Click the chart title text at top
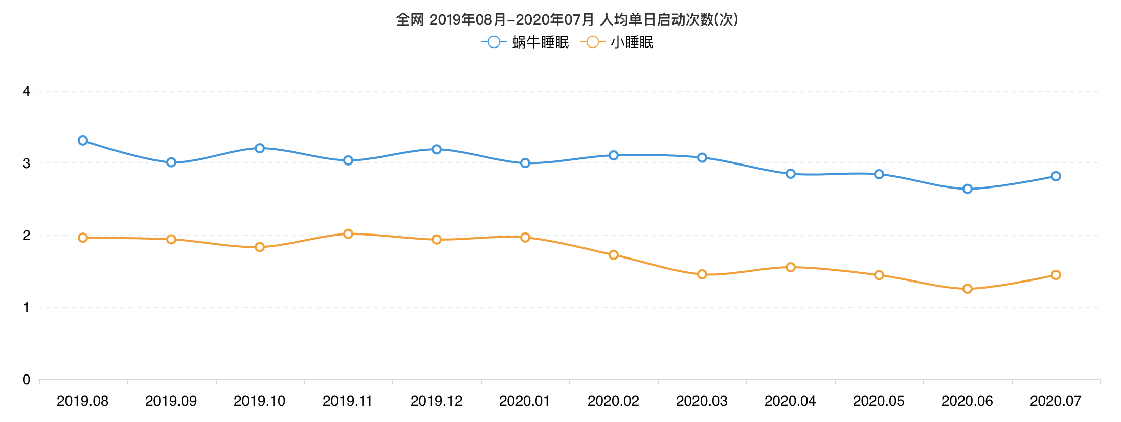567,19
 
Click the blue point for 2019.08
83,140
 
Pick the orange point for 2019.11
348,233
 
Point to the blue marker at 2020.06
967,189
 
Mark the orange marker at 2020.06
967,289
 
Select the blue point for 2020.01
525,163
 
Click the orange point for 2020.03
702,274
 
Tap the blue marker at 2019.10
260,148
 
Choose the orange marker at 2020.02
614,255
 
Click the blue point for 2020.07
1056,176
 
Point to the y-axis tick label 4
27,91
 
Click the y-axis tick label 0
27,380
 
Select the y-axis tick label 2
27,236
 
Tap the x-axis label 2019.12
436,401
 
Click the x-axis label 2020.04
790,401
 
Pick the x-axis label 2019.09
171,401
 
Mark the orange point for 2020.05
879,275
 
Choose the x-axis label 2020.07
1056,401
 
